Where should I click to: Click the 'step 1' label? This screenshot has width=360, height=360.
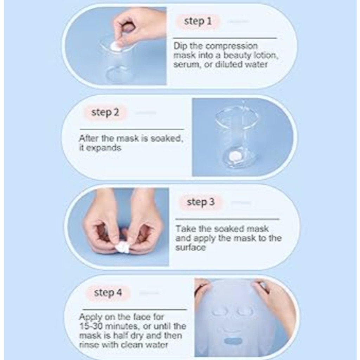[x=198, y=21]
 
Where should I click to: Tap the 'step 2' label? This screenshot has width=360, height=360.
[x=105, y=112]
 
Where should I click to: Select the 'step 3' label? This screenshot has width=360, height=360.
[x=200, y=202]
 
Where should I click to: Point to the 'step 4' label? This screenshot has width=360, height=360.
[x=108, y=292]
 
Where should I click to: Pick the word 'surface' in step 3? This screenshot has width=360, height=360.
[x=190, y=248]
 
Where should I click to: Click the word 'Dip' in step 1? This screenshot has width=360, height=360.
[x=180, y=46]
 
